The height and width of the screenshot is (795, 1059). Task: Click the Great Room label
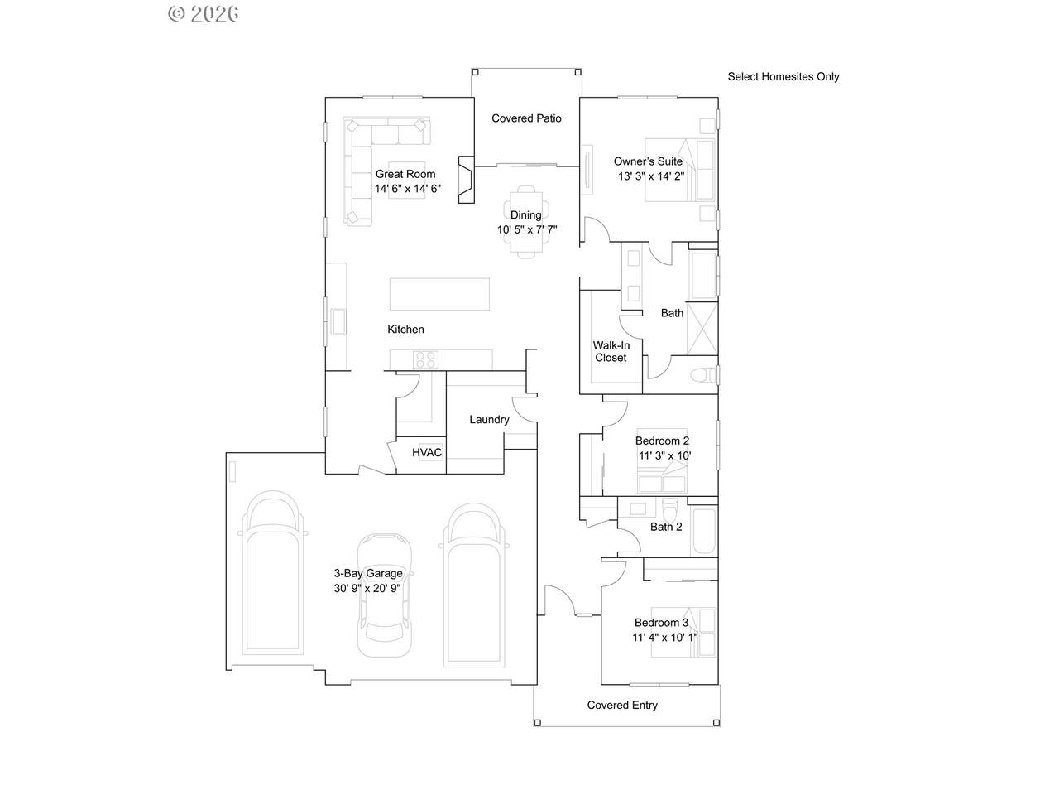click(x=405, y=174)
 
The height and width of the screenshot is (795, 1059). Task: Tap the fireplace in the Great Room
click(x=466, y=180)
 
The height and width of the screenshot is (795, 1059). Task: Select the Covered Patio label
click(x=526, y=118)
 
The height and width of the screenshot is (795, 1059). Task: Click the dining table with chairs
click(x=526, y=222)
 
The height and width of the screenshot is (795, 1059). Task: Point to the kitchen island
click(x=439, y=294)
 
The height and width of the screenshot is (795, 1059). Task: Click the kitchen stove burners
click(x=425, y=359)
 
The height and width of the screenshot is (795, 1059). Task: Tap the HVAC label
click(x=427, y=452)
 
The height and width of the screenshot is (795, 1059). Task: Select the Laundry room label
click(x=489, y=420)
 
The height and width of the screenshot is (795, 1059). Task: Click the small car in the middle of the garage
click(x=385, y=595)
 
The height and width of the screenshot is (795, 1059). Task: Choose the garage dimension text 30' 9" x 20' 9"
click(x=367, y=589)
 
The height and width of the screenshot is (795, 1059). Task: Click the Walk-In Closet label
click(x=611, y=351)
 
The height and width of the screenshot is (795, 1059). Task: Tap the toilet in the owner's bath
click(x=703, y=375)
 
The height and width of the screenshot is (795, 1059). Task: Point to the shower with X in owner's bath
click(x=702, y=329)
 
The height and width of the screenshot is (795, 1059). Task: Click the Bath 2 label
click(x=666, y=527)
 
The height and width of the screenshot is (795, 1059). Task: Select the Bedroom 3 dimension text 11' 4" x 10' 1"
click(x=665, y=637)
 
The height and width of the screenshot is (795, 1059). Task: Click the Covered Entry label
click(x=622, y=706)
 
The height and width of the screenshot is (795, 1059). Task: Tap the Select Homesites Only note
click(x=783, y=76)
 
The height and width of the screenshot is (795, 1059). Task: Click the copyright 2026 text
click(x=204, y=14)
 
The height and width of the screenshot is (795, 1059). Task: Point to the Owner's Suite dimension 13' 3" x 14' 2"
click(x=651, y=176)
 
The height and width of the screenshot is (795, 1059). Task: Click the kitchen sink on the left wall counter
click(x=338, y=321)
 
